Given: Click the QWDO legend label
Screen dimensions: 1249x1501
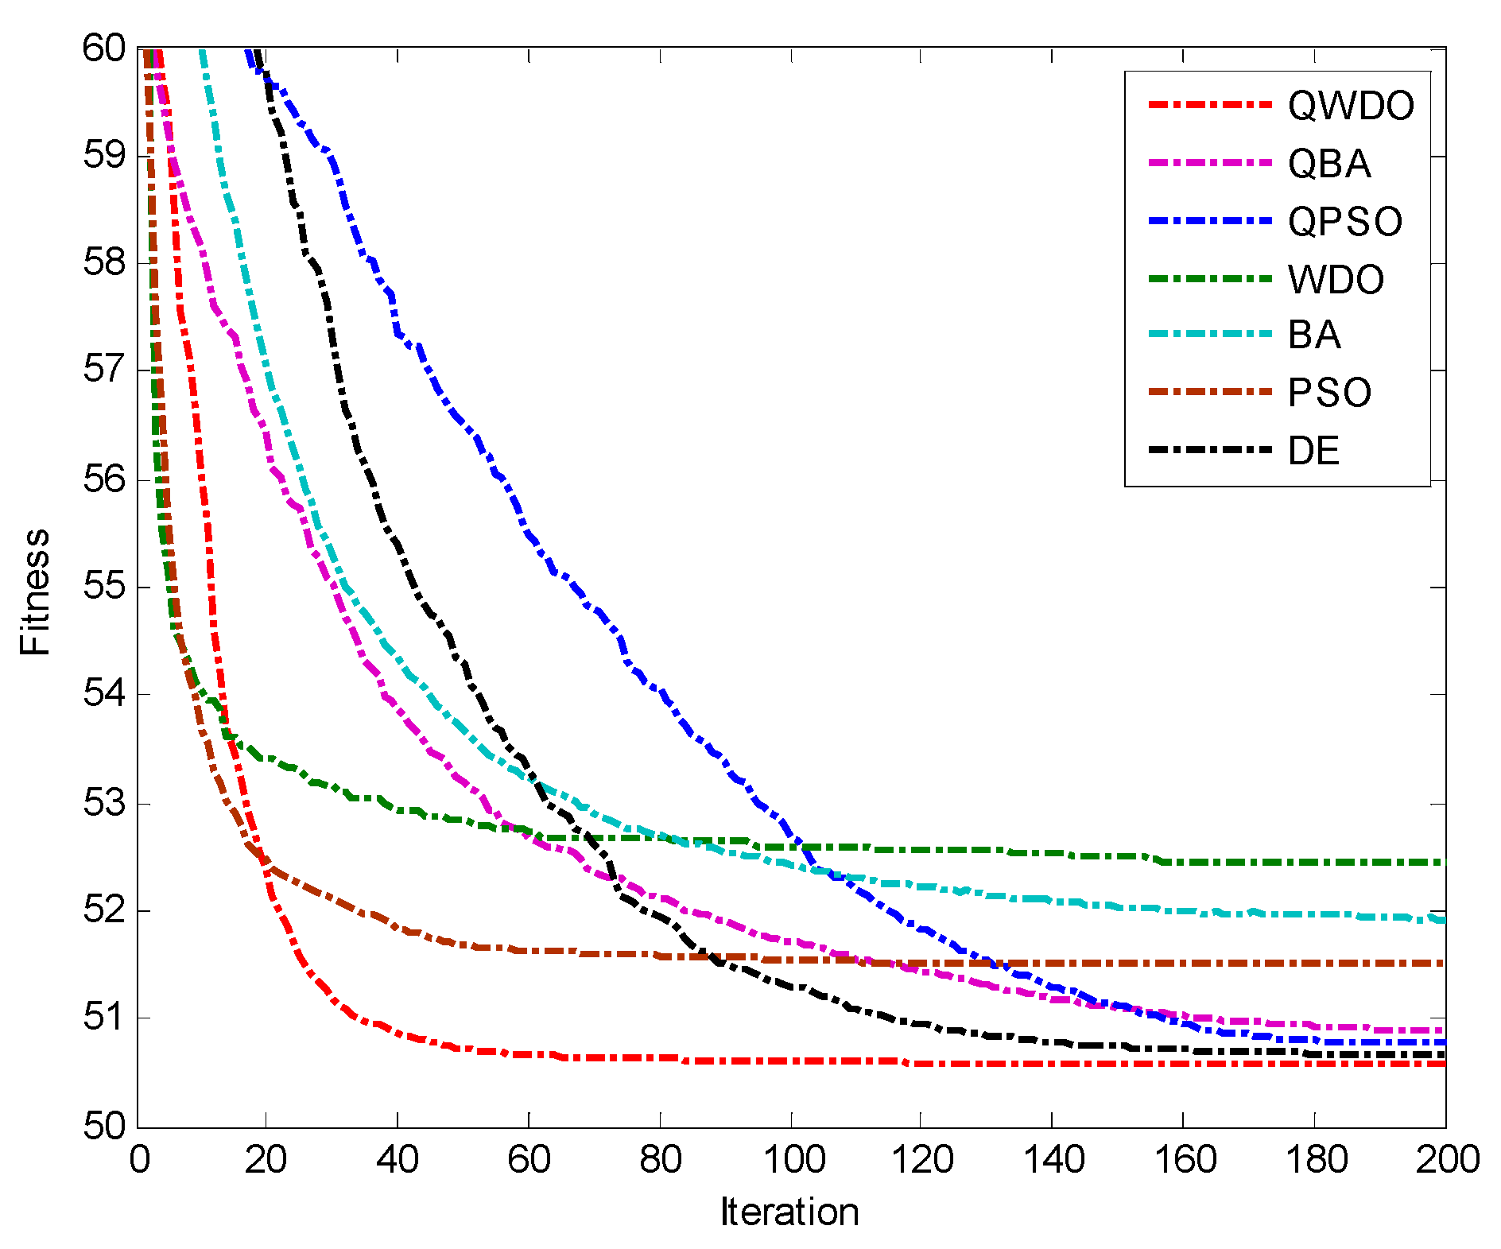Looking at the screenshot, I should pyautogui.click(x=1351, y=106).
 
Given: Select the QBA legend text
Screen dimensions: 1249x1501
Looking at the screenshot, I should pyautogui.click(x=1329, y=164).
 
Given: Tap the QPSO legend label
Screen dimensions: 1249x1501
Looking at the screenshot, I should pyautogui.click(x=1345, y=222).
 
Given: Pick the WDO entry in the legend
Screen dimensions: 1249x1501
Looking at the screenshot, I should pyautogui.click(x=1336, y=280).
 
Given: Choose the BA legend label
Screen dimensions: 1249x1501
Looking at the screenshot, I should pyautogui.click(x=1314, y=335).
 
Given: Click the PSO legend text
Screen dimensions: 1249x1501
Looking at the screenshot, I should pyautogui.click(x=1329, y=393).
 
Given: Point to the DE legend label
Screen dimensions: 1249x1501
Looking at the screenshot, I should pyautogui.click(x=1313, y=451).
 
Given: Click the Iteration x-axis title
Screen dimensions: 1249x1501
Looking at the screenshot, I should pyautogui.click(x=789, y=1212).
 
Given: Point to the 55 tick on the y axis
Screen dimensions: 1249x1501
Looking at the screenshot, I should pyautogui.click(x=104, y=588).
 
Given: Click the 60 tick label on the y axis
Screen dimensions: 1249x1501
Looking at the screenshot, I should pyautogui.click(x=104, y=48).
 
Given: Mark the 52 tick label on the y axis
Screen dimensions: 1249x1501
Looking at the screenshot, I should pyautogui.click(x=104, y=910).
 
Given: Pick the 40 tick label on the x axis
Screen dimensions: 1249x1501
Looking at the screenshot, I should pyautogui.click(x=397, y=1160).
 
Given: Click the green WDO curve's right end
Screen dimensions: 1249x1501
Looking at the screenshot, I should pyautogui.click(x=1443, y=862).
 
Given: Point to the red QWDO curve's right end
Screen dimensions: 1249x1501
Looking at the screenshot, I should pyautogui.click(x=1443, y=1064).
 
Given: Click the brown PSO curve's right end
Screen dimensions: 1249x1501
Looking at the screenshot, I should pyautogui.click(x=1443, y=963).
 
